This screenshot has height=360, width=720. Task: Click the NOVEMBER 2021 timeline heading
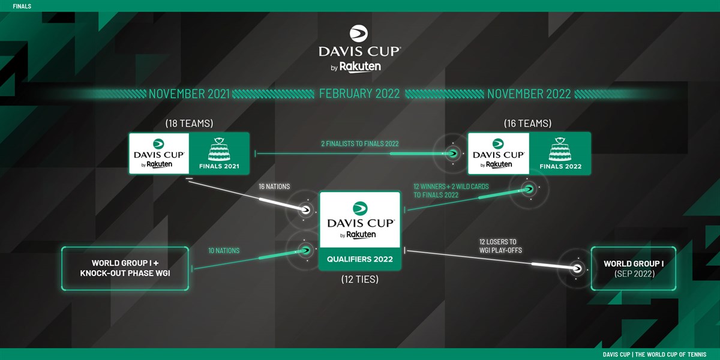tap(189, 94)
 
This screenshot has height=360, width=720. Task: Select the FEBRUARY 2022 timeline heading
tap(359, 94)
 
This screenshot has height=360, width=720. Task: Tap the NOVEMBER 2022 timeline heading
tap(529, 94)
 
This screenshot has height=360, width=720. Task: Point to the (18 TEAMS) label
tap(189, 124)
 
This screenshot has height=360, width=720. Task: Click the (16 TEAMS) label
tap(529, 124)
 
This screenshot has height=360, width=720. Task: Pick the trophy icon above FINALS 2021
tap(218, 149)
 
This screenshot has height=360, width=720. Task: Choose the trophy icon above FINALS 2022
tap(560, 149)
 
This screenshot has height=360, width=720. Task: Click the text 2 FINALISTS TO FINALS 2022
tap(359, 143)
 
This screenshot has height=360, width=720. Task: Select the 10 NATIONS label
tap(224, 251)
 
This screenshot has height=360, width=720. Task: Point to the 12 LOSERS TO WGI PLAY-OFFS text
tap(496, 246)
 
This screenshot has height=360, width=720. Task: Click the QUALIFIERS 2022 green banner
tap(359, 259)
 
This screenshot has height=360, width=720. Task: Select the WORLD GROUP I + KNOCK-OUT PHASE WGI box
tap(125, 268)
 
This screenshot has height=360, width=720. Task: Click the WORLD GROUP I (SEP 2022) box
tap(634, 268)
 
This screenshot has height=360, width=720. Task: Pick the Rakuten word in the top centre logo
tap(360, 67)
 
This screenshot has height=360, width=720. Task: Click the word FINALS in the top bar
tap(22, 6)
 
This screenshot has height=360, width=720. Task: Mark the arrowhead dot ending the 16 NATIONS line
tap(305, 210)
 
